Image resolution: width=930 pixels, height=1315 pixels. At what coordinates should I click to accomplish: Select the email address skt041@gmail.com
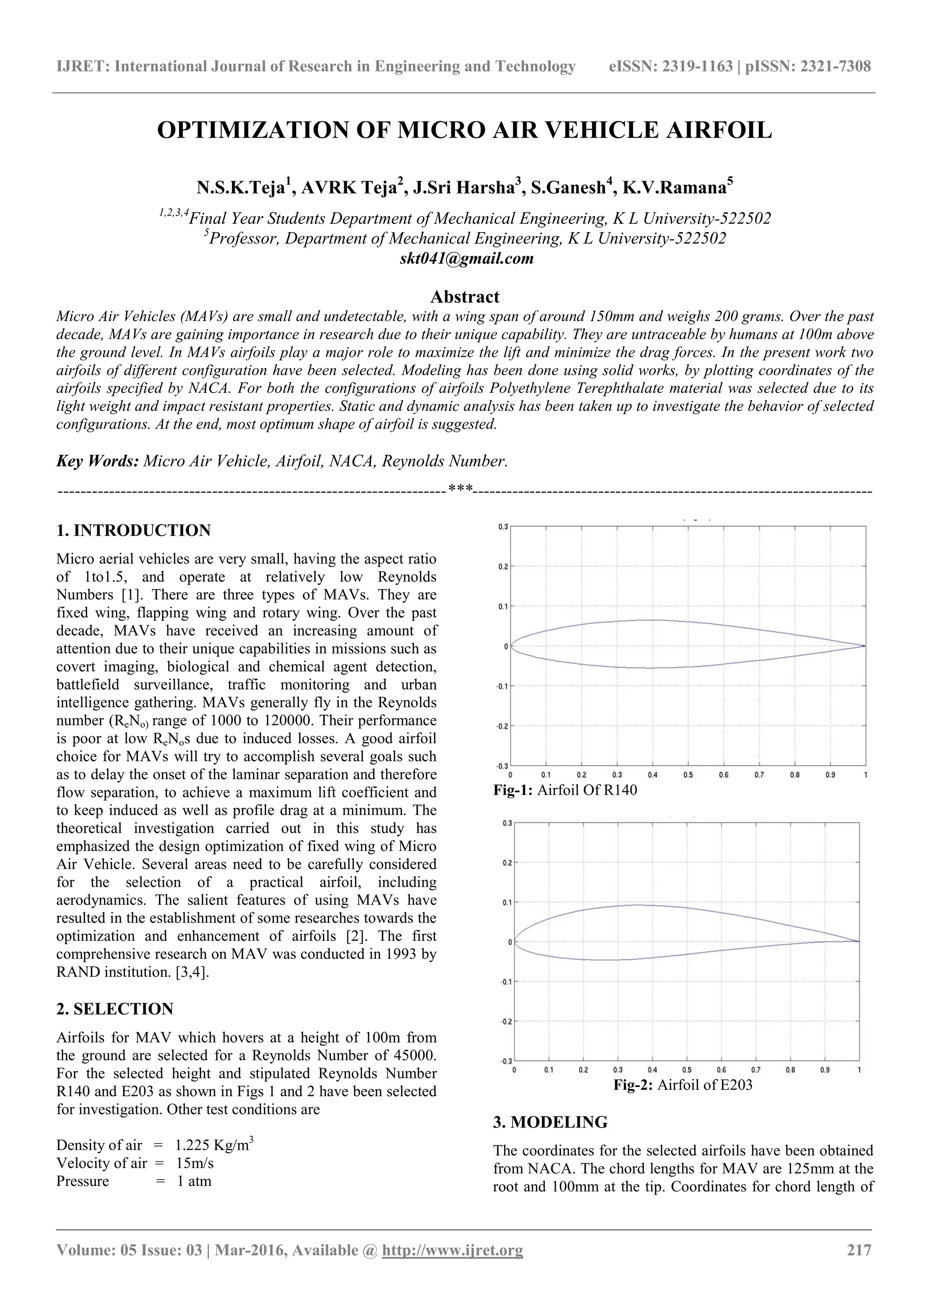point(466,258)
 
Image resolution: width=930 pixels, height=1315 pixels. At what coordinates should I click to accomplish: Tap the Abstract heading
point(465,297)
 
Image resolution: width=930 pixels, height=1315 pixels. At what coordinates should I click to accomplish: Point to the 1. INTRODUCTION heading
point(134,530)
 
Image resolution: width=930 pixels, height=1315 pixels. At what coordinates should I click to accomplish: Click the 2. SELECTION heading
point(114,1009)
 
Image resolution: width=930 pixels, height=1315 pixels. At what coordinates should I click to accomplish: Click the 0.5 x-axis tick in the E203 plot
point(687,1069)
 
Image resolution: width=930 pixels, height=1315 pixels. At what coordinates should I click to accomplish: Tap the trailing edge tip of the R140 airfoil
point(865,646)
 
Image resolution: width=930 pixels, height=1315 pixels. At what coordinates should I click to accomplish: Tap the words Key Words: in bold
point(97,461)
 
